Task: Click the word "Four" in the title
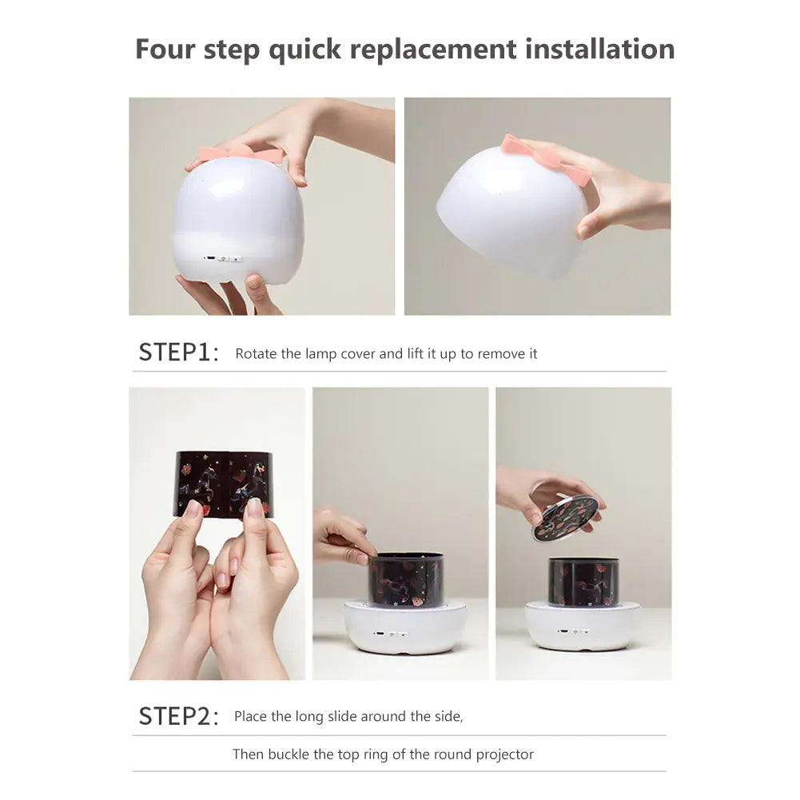tap(165, 50)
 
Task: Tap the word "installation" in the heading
tap(600, 50)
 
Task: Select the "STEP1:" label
tap(178, 352)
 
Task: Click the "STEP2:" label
tap(178, 716)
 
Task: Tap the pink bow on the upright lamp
tap(241, 153)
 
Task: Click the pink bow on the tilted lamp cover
tap(546, 158)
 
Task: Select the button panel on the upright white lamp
tap(222, 259)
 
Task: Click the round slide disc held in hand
tap(565, 519)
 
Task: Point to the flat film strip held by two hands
tap(224, 484)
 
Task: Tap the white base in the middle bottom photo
tap(404, 627)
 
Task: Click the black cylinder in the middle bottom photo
tap(406, 580)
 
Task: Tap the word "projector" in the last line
tap(504, 754)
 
